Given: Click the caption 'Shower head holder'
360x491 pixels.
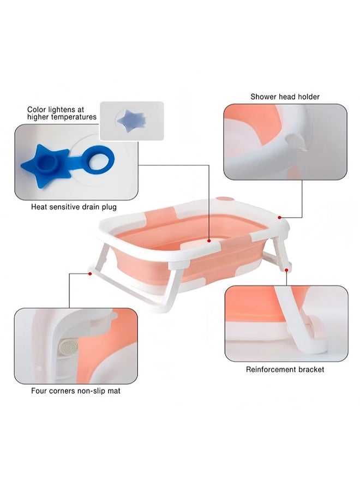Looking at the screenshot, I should tap(285, 97).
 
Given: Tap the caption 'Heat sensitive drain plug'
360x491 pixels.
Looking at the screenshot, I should tap(74, 207).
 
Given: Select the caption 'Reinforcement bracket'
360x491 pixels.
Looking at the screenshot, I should tap(285, 369).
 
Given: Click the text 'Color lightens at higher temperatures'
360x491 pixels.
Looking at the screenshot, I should tap(62, 113).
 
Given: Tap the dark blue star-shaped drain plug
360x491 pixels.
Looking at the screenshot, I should tap(45, 163).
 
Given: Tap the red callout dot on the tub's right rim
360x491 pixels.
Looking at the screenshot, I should tap(280, 217).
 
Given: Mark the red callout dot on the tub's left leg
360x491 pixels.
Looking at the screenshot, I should tap(89, 272).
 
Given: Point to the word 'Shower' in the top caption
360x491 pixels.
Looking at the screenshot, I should tap(263, 97).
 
